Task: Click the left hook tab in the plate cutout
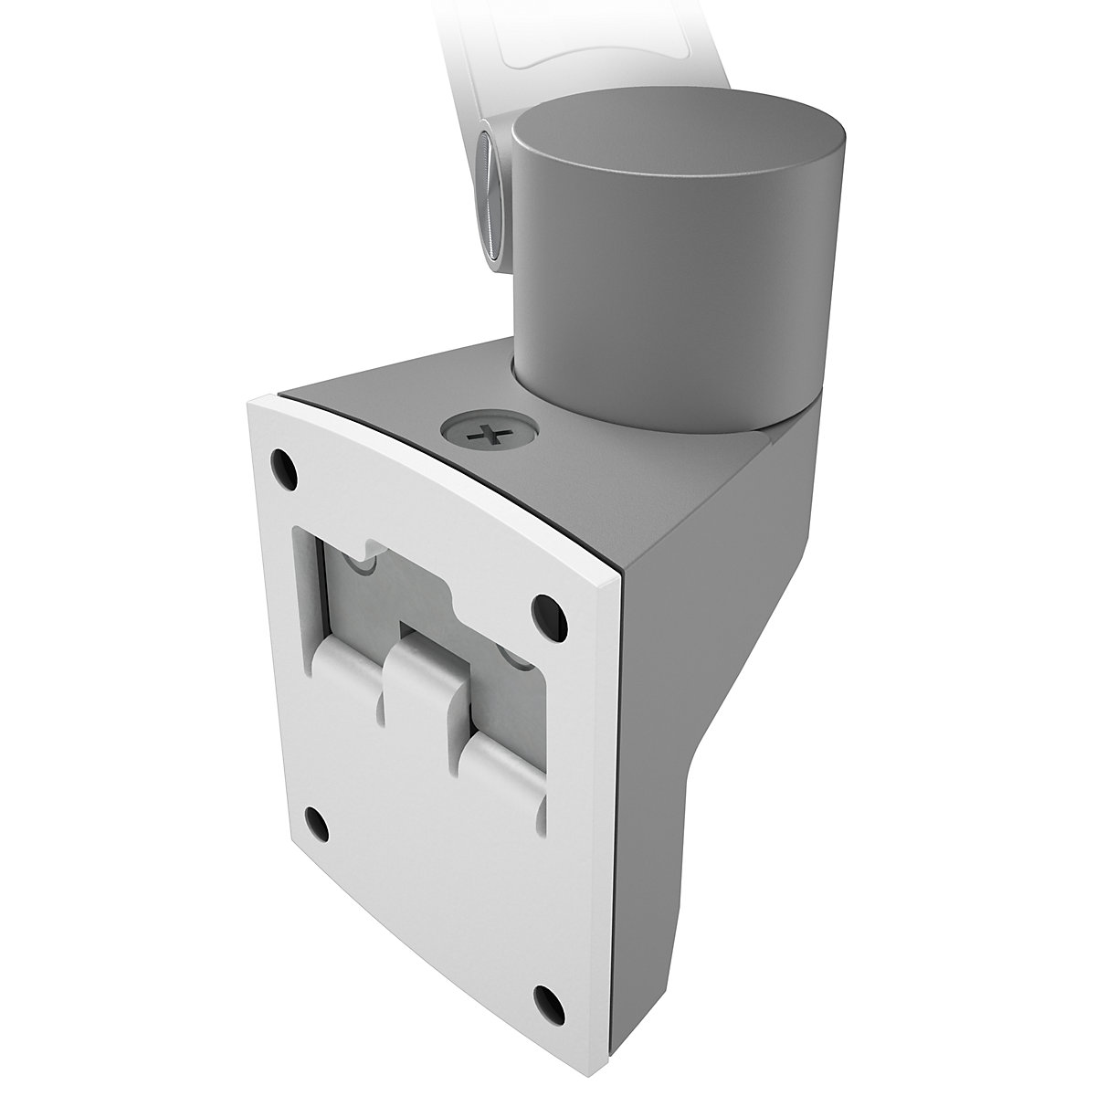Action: click(x=347, y=639)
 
